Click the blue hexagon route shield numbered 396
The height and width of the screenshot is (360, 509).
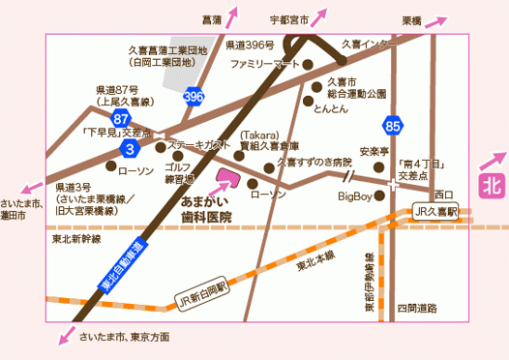click(194, 97)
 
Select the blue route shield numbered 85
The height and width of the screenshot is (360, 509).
click(392, 125)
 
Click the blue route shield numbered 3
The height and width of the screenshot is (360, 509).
click(130, 149)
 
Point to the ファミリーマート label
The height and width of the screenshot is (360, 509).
click(263, 64)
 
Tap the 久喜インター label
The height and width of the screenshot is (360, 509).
click(369, 45)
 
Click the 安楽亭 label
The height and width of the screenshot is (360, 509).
click(374, 152)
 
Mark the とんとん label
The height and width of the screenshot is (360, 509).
click(328, 110)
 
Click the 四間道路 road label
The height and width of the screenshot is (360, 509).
click(418, 307)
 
